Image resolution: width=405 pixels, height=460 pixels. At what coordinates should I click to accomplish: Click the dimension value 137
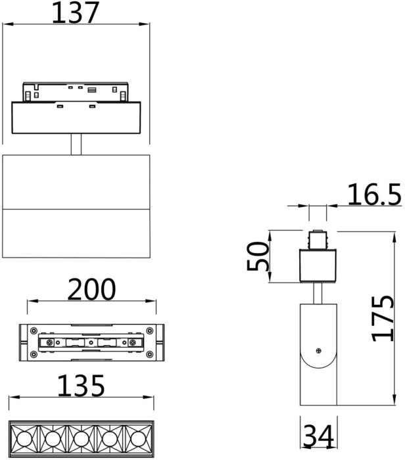tap(76, 12)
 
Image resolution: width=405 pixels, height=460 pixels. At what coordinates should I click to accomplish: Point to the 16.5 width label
tap(365, 195)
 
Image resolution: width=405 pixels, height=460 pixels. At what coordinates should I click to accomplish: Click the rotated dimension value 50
tap(258, 256)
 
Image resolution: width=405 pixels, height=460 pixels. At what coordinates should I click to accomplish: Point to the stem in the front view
tap(76, 144)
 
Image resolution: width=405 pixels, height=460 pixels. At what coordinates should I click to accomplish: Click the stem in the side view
tap(318, 294)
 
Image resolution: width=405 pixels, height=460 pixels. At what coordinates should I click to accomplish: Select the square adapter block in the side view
tap(318, 267)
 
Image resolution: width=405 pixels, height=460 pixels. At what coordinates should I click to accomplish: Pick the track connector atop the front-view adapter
tap(76, 92)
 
